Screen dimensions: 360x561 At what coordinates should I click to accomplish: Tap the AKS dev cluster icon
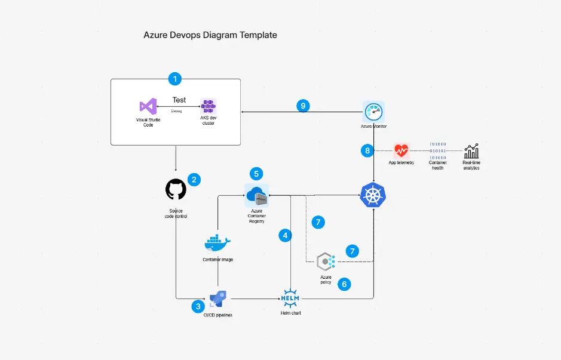(208, 107)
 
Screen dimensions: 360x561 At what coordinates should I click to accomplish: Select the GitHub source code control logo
(176, 190)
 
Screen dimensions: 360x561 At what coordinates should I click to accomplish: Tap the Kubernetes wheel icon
(373, 195)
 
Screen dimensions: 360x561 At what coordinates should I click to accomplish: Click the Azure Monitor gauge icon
(373, 112)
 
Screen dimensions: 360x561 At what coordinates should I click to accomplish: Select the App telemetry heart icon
(401, 150)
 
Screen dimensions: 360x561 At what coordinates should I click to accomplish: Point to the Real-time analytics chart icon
(471, 151)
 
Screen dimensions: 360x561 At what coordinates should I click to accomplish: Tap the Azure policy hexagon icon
(326, 261)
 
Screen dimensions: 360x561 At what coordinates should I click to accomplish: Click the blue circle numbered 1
(174, 78)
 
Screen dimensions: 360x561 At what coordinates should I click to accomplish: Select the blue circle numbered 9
(303, 106)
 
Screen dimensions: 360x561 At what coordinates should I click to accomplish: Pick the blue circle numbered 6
(344, 284)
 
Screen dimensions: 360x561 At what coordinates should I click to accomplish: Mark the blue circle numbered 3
(198, 306)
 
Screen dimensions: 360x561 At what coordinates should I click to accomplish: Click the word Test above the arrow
(179, 100)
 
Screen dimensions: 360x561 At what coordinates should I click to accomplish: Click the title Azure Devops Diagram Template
(210, 35)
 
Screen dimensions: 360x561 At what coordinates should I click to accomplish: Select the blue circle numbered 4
(286, 235)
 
